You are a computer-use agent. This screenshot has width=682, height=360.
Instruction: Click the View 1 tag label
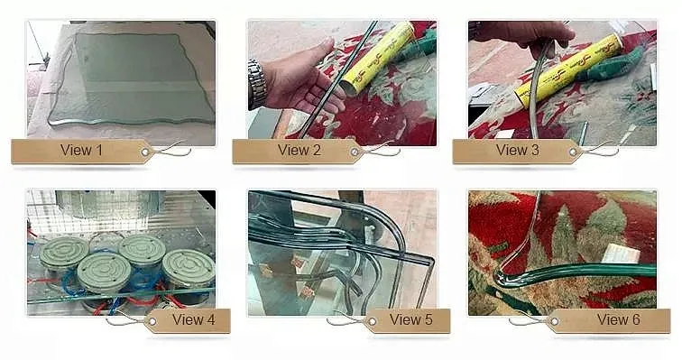tap(81, 151)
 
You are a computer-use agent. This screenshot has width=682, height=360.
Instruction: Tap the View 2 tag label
tap(299, 151)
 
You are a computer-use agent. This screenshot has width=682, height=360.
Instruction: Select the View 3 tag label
tap(517, 151)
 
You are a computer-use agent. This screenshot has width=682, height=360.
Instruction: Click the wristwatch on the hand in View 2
tap(256, 85)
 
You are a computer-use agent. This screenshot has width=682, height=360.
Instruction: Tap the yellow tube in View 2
tap(377, 57)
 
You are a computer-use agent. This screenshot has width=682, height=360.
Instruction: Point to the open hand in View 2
tap(302, 80)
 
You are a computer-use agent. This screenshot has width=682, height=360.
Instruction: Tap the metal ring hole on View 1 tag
tap(145, 152)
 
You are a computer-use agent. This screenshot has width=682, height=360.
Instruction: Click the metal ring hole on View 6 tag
tap(554, 322)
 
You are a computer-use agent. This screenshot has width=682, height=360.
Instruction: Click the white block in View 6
tap(622, 254)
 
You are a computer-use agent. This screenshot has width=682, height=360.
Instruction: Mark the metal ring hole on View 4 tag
tap(152, 322)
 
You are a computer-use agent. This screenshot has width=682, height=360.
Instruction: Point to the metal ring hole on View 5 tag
tap(372, 322)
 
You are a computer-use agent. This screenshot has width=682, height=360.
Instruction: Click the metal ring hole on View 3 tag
tap(574, 152)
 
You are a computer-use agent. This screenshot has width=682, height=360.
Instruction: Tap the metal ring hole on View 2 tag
tap(355, 152)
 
